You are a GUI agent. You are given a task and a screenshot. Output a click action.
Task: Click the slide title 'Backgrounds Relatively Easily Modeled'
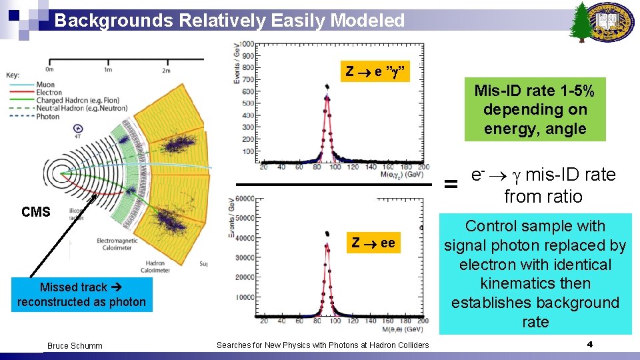click(229, 21)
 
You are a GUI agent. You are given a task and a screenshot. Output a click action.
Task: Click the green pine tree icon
click(582, 21)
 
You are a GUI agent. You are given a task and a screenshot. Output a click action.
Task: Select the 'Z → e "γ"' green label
click(372, 72)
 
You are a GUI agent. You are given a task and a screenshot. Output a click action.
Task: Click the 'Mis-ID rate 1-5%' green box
click(535, 109)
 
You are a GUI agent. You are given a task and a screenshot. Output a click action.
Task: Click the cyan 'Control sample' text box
click(535, 274)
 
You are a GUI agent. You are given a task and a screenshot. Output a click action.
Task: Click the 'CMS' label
click(35, 212)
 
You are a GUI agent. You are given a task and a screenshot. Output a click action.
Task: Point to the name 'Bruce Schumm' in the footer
click(75, 345)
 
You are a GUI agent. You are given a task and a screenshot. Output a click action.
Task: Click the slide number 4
click(589, 345)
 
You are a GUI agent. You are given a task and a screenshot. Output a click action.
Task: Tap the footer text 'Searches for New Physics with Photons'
click(323, 345)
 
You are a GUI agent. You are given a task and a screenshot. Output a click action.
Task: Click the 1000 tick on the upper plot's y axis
click(247, 45)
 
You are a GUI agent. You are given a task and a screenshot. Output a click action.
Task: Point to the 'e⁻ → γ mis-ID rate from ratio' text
click(543, 185)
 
